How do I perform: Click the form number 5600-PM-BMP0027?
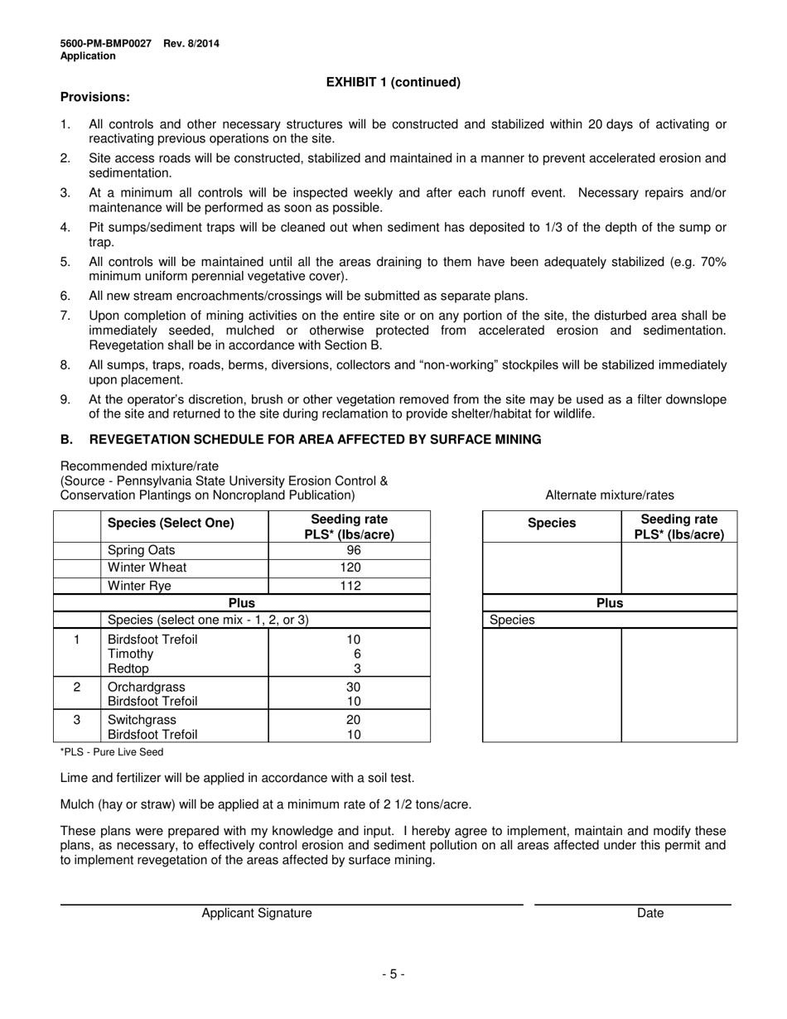(x=105, y=43)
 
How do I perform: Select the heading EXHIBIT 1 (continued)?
(x=393, y=82)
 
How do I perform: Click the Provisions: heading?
(x=95, y=97)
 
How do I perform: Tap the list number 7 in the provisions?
(x=65, y=316)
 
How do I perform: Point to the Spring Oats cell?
(x=142, y=550)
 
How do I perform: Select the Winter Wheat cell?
(x=147, y=567)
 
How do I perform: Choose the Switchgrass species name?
(x=142, y=719)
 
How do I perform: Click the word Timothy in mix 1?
(x=131, y=654)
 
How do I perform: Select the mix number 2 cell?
(x=77, y=687)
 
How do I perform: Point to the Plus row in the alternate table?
(x=609, y=603)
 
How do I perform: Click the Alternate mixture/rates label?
(x=609, y=495)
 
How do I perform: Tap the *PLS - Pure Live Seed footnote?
(x=112, y=752)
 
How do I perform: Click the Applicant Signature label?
(x=257, y=913)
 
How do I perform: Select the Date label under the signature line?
(x=650, y=913)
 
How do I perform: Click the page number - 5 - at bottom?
(x=393, y=974)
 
